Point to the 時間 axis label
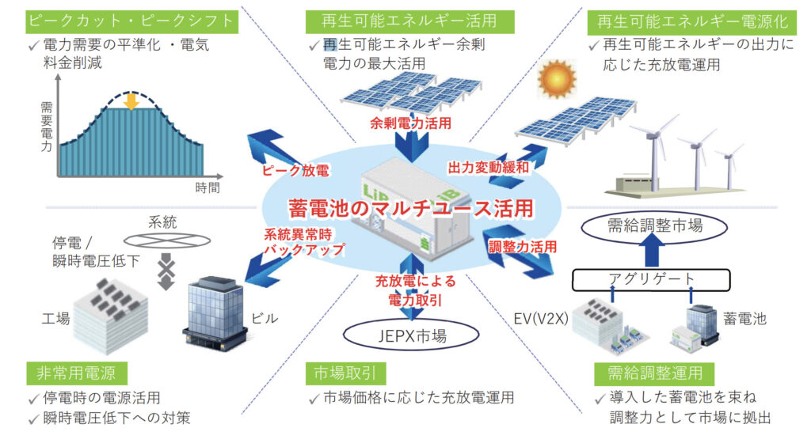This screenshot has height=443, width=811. [208, 187]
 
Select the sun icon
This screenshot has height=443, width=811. [554, 79]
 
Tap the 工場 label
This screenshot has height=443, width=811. [56, 318]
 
